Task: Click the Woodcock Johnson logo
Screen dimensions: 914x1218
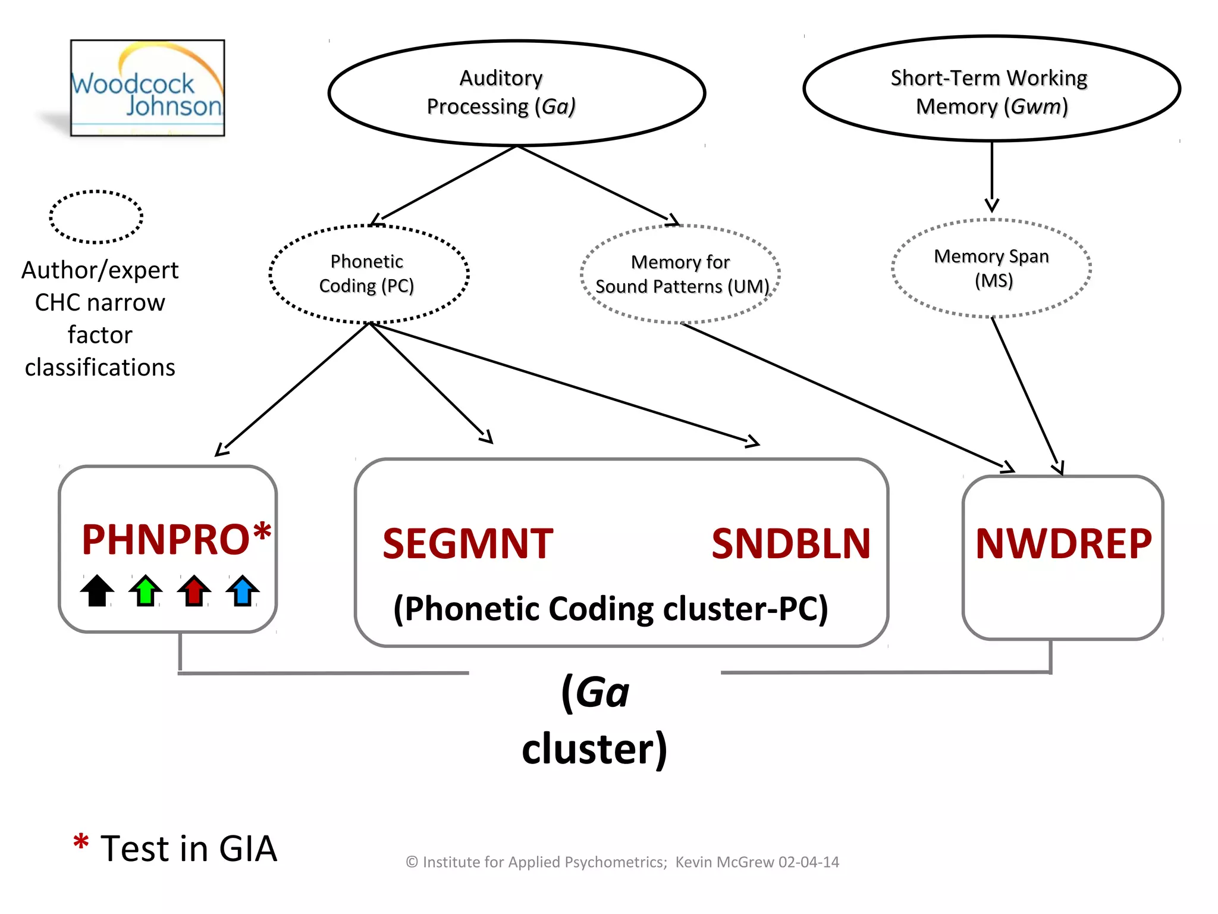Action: click(x=147, y=88)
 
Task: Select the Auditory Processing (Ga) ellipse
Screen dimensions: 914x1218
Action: click(x=516, y=93)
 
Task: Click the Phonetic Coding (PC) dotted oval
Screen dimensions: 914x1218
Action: click(x=369, y=274)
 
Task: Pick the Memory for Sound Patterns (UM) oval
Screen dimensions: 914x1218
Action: click(x=680, y=274)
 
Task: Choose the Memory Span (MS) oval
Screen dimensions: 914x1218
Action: click(x=991, y=268)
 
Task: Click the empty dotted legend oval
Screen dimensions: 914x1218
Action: click(x=96, y=217)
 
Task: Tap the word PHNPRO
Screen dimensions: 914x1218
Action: click(x=165, y=540)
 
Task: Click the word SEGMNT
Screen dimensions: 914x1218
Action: click(x=468, y=544)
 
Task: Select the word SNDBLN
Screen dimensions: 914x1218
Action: click(x=791, y=544)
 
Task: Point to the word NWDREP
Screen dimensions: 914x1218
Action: click(x=1063, y=544)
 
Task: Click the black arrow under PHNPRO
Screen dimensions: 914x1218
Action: click(x=97, y=590)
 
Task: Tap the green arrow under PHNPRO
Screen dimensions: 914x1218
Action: click(x=146, y=590)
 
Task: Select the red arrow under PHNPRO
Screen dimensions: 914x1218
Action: click(x=194, y=590)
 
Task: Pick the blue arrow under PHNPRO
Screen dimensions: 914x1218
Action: click(x=243, y=590)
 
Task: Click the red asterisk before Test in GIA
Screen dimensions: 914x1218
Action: click(x=81, y=843)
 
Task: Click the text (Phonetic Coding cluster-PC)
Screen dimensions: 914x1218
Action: click(x=611, y=609)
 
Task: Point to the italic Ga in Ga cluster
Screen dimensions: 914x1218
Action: click(x=602, y=693)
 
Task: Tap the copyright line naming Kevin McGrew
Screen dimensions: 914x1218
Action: click(x=622, y=862)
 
